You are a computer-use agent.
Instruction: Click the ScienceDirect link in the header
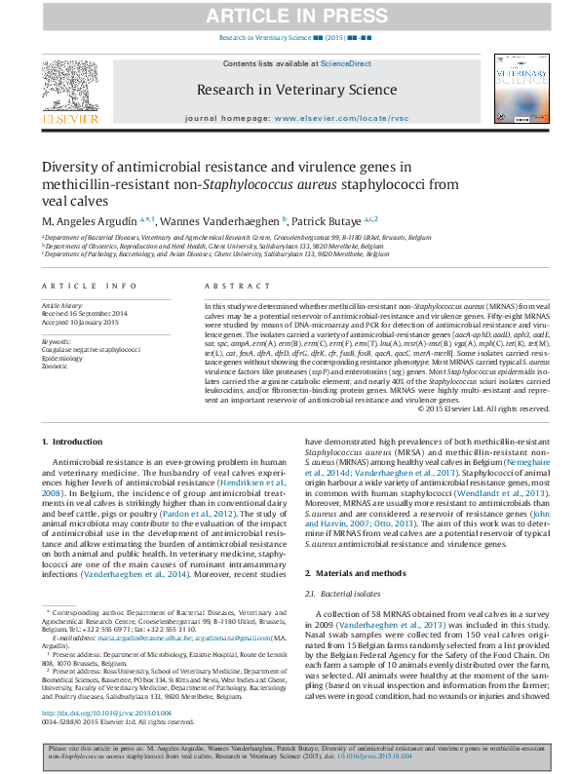[346, 63]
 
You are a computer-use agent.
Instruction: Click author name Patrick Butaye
[327, 219]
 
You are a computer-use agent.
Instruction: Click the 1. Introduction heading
[74, 443]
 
